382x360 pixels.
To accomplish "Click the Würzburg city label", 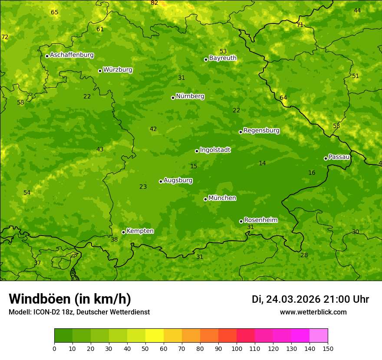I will click(x=118, y=70).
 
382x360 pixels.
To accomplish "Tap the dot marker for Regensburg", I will click(x=240, y=132).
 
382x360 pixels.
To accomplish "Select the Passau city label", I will click(x=339, y=157).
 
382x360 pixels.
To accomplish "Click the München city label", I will click(x=222, y=198).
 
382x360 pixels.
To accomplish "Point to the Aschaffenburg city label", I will click(x=72, y=55).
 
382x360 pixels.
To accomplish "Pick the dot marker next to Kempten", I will click(x=123, y=232).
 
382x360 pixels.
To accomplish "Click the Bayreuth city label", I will click(x=223, y=58).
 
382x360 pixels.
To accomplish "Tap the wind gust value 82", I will click(x=155, y=3).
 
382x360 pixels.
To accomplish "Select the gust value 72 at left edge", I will click(x=5, y=37).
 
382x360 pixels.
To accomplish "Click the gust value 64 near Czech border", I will click(x=283, y=98).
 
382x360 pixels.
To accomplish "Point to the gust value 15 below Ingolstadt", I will click(x=194, y=167).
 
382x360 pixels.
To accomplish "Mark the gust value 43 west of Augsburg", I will click(x=100, y=150).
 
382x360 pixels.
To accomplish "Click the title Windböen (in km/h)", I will click(x=70, y=299).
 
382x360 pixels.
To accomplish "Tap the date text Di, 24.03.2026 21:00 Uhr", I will click(x=310, y=299).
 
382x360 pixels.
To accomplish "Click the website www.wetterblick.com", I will click(x=313, y=312).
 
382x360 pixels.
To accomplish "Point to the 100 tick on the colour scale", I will click(x=237, y=348).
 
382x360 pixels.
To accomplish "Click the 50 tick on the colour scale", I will click(x=145, y=348).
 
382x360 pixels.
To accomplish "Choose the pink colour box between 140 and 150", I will click(x=319, y=336).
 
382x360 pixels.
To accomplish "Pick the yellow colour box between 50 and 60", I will click(x=155, y=336).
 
